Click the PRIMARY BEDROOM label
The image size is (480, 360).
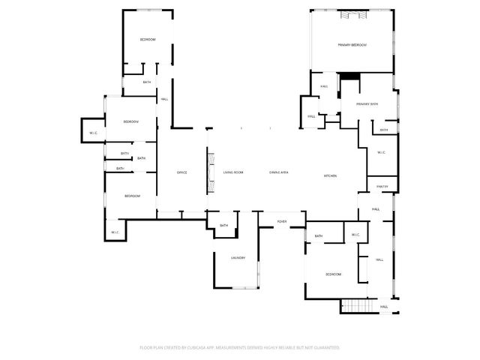point(352,46)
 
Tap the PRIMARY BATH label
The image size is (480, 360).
point(367,103)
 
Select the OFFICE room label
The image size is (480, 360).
point(181,173)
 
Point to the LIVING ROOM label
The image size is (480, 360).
point(233,173)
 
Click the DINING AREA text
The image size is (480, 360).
point(279,173)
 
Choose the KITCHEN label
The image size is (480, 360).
point(330,176)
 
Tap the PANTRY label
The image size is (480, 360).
point(382,187)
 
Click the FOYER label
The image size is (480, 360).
point(282,222)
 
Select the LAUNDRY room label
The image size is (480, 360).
point(238,258)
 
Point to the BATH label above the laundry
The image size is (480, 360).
point(223,226)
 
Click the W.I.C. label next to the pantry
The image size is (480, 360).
point(380,153)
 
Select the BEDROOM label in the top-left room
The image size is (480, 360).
point(148,39)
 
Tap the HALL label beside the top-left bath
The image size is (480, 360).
point(164,99)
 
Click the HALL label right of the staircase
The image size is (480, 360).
point(383,307)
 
